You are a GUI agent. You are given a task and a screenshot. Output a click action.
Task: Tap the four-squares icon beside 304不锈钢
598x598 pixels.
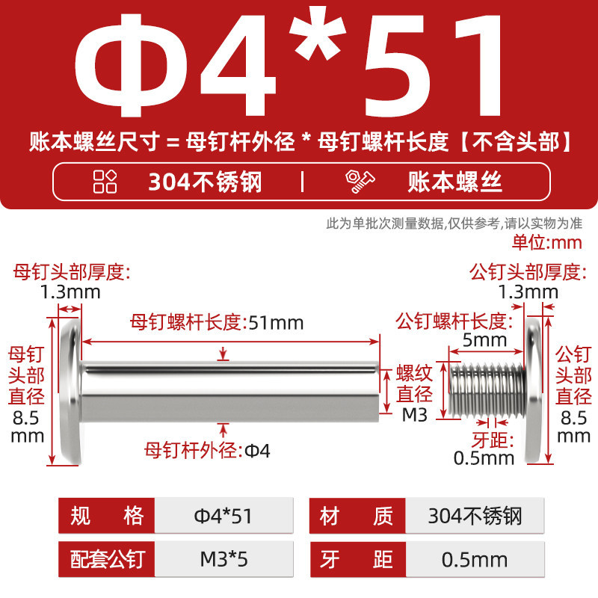(x=105, y=182)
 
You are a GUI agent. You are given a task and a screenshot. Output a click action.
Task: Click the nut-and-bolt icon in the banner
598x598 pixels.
(x=360, y=182)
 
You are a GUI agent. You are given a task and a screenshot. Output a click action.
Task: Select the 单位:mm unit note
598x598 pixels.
(x=547, y=242)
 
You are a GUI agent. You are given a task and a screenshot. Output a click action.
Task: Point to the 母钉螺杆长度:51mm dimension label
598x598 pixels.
(x=217, y=323)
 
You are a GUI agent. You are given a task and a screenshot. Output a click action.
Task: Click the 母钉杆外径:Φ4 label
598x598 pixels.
(x=207, y=451)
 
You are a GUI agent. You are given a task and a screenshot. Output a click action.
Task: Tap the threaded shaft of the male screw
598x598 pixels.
(x=487, y=389)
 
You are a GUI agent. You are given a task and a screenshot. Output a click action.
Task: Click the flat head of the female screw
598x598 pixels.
(x=71, y=391)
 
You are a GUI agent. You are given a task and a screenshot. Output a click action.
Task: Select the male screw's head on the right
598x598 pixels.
(x=533, y=391)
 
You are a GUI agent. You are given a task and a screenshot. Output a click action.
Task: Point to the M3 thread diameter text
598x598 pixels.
(x=415, y=416)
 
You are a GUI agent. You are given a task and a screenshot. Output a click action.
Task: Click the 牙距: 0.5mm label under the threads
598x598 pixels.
(x=484, y=449)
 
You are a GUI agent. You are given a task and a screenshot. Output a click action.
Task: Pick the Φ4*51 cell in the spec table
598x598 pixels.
(x=224, y=516)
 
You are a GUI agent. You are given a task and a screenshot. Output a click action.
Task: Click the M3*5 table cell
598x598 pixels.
(x=224, y=559)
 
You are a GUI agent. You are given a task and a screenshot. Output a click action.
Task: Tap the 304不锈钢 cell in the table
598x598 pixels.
(x=475, y=516)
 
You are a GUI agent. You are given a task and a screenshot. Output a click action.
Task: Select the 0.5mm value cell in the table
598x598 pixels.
(x=475, y=559)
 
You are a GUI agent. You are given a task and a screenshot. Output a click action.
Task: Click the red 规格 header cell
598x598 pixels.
(x=107, y=516)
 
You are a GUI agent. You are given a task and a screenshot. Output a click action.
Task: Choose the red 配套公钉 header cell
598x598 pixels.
(x=107, y=559)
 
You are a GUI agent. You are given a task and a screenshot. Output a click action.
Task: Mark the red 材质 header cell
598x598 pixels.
(x=357, y=516)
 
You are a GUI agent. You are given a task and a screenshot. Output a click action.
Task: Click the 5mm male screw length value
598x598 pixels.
(x=484, y=340)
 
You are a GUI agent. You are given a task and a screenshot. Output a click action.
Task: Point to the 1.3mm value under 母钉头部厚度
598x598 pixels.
(x=70, y=292)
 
